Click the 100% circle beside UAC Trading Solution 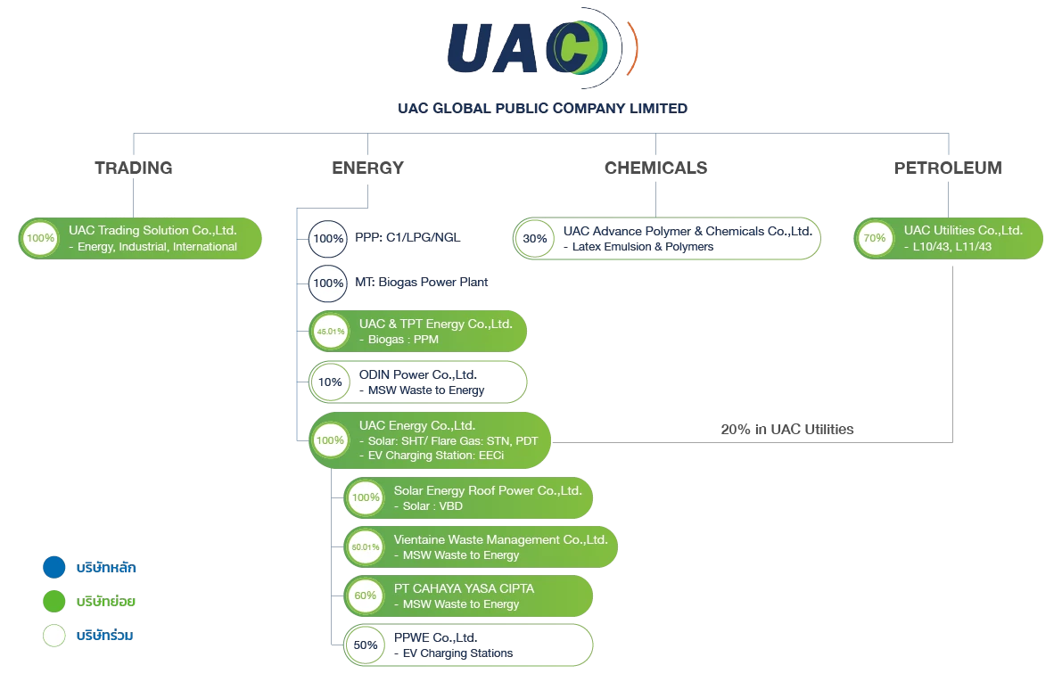(x=39, y=238)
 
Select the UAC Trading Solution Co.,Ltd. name (x=152, y=230)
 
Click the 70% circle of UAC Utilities (x=874, y=238)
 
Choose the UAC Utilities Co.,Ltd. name (x=962, y=230)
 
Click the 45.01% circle (x=329, y=332)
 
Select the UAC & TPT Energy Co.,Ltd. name (x=435, y=324)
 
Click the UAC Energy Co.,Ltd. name (x=416, y=425)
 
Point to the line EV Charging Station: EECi (x=435, y=456)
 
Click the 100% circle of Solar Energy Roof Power (x=366, y=497)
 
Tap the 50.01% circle (x=366, y=546)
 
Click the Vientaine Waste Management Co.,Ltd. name (x=500, y=539)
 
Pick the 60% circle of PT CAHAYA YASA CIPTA (x=366, y=596)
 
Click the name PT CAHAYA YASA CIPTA (x=464, y=588)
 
